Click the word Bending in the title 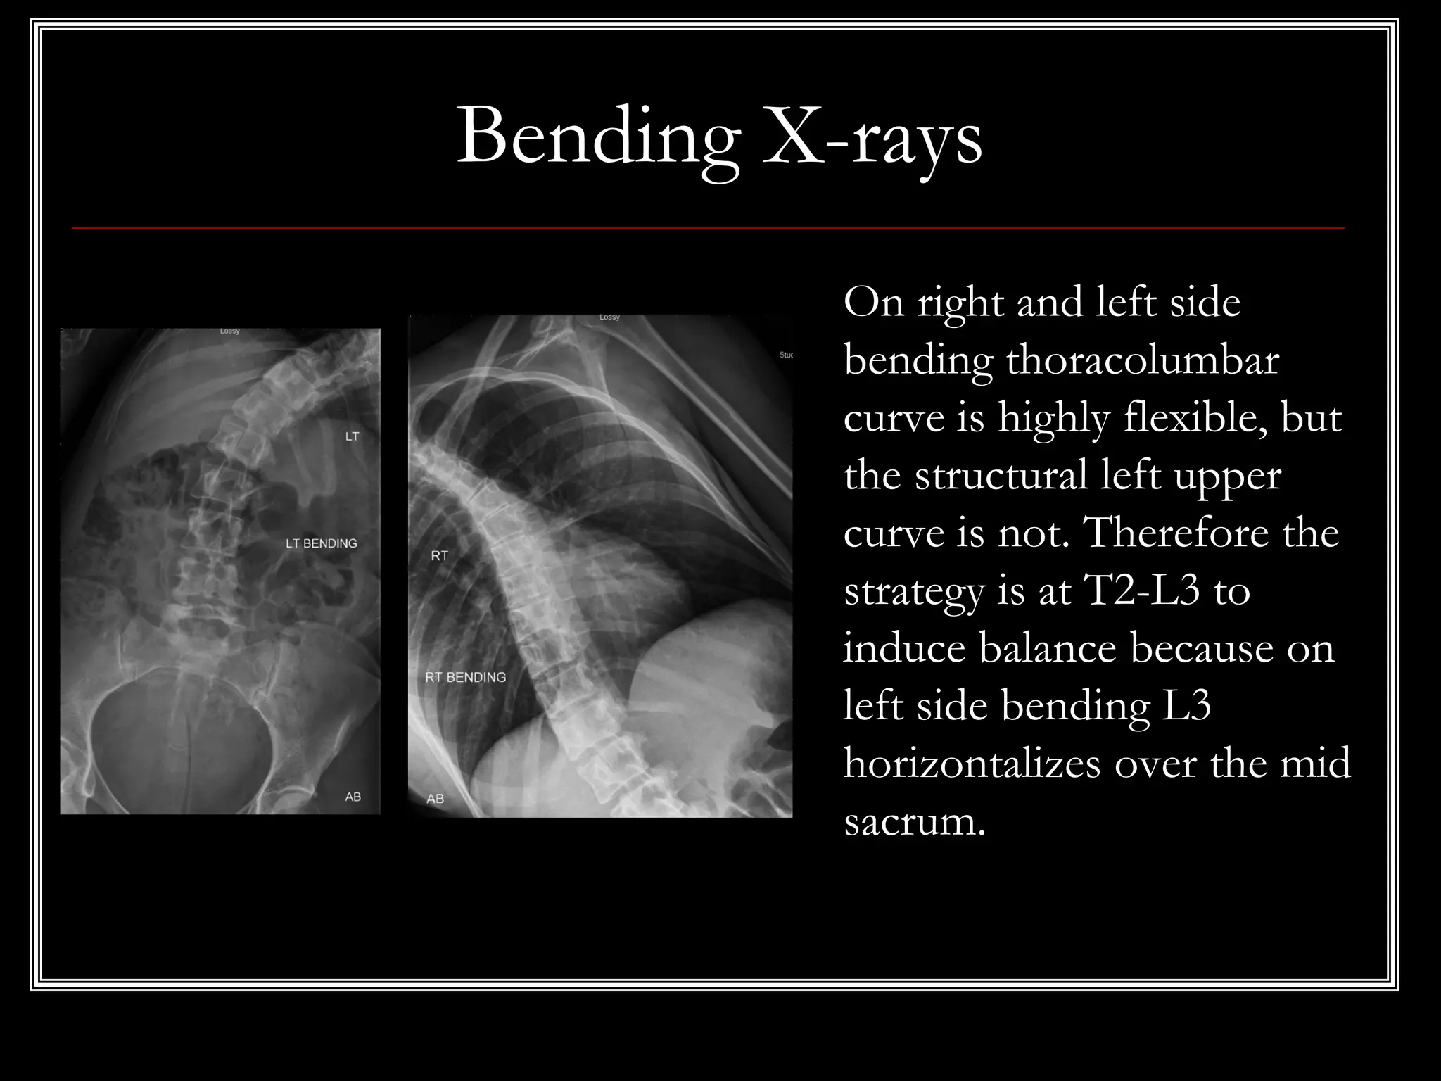[x=599, y=137]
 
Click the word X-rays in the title [x=872, y=137]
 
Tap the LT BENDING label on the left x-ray [x=321, y=543]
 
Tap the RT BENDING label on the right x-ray [x=465, y=677]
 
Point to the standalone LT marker [x=352, y=436]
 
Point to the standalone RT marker [x=439, y=556]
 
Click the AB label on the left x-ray [x=353, y=797]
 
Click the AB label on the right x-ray [x=435, y=799]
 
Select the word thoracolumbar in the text [x=1142, y=361]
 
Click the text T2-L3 [x=1141, y=590]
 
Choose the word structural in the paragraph [x=1001, y=476]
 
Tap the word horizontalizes [x=972, y=763]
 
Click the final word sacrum [x=914, y=821]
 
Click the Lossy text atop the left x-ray [x=229, y=331]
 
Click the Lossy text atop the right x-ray [x=609, y=317]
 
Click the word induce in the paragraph [x=904, y=648]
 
